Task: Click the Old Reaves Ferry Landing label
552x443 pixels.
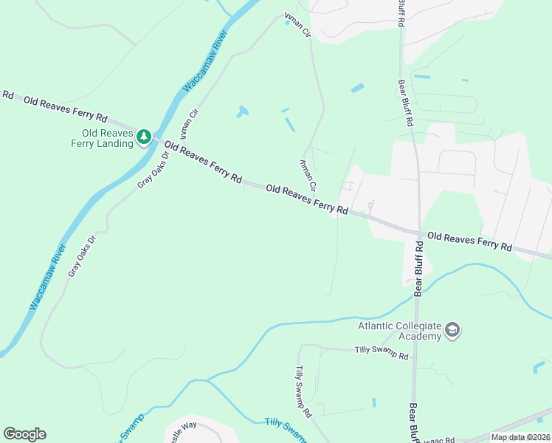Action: point(107,137)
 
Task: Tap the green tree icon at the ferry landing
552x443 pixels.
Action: point(144,137)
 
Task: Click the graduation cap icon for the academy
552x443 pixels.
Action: point(453,330)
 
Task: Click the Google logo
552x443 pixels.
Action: point(24,434)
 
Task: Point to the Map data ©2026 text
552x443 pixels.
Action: point(520,437)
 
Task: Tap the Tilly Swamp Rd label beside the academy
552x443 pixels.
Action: point(382,354)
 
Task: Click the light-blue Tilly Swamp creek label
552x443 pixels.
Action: point(285,429)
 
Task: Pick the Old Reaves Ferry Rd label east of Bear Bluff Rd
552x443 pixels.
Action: point(469,241)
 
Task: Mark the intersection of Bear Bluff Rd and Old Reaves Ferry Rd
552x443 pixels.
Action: point(418,233)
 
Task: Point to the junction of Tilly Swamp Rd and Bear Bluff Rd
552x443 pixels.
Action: point(414,354)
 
